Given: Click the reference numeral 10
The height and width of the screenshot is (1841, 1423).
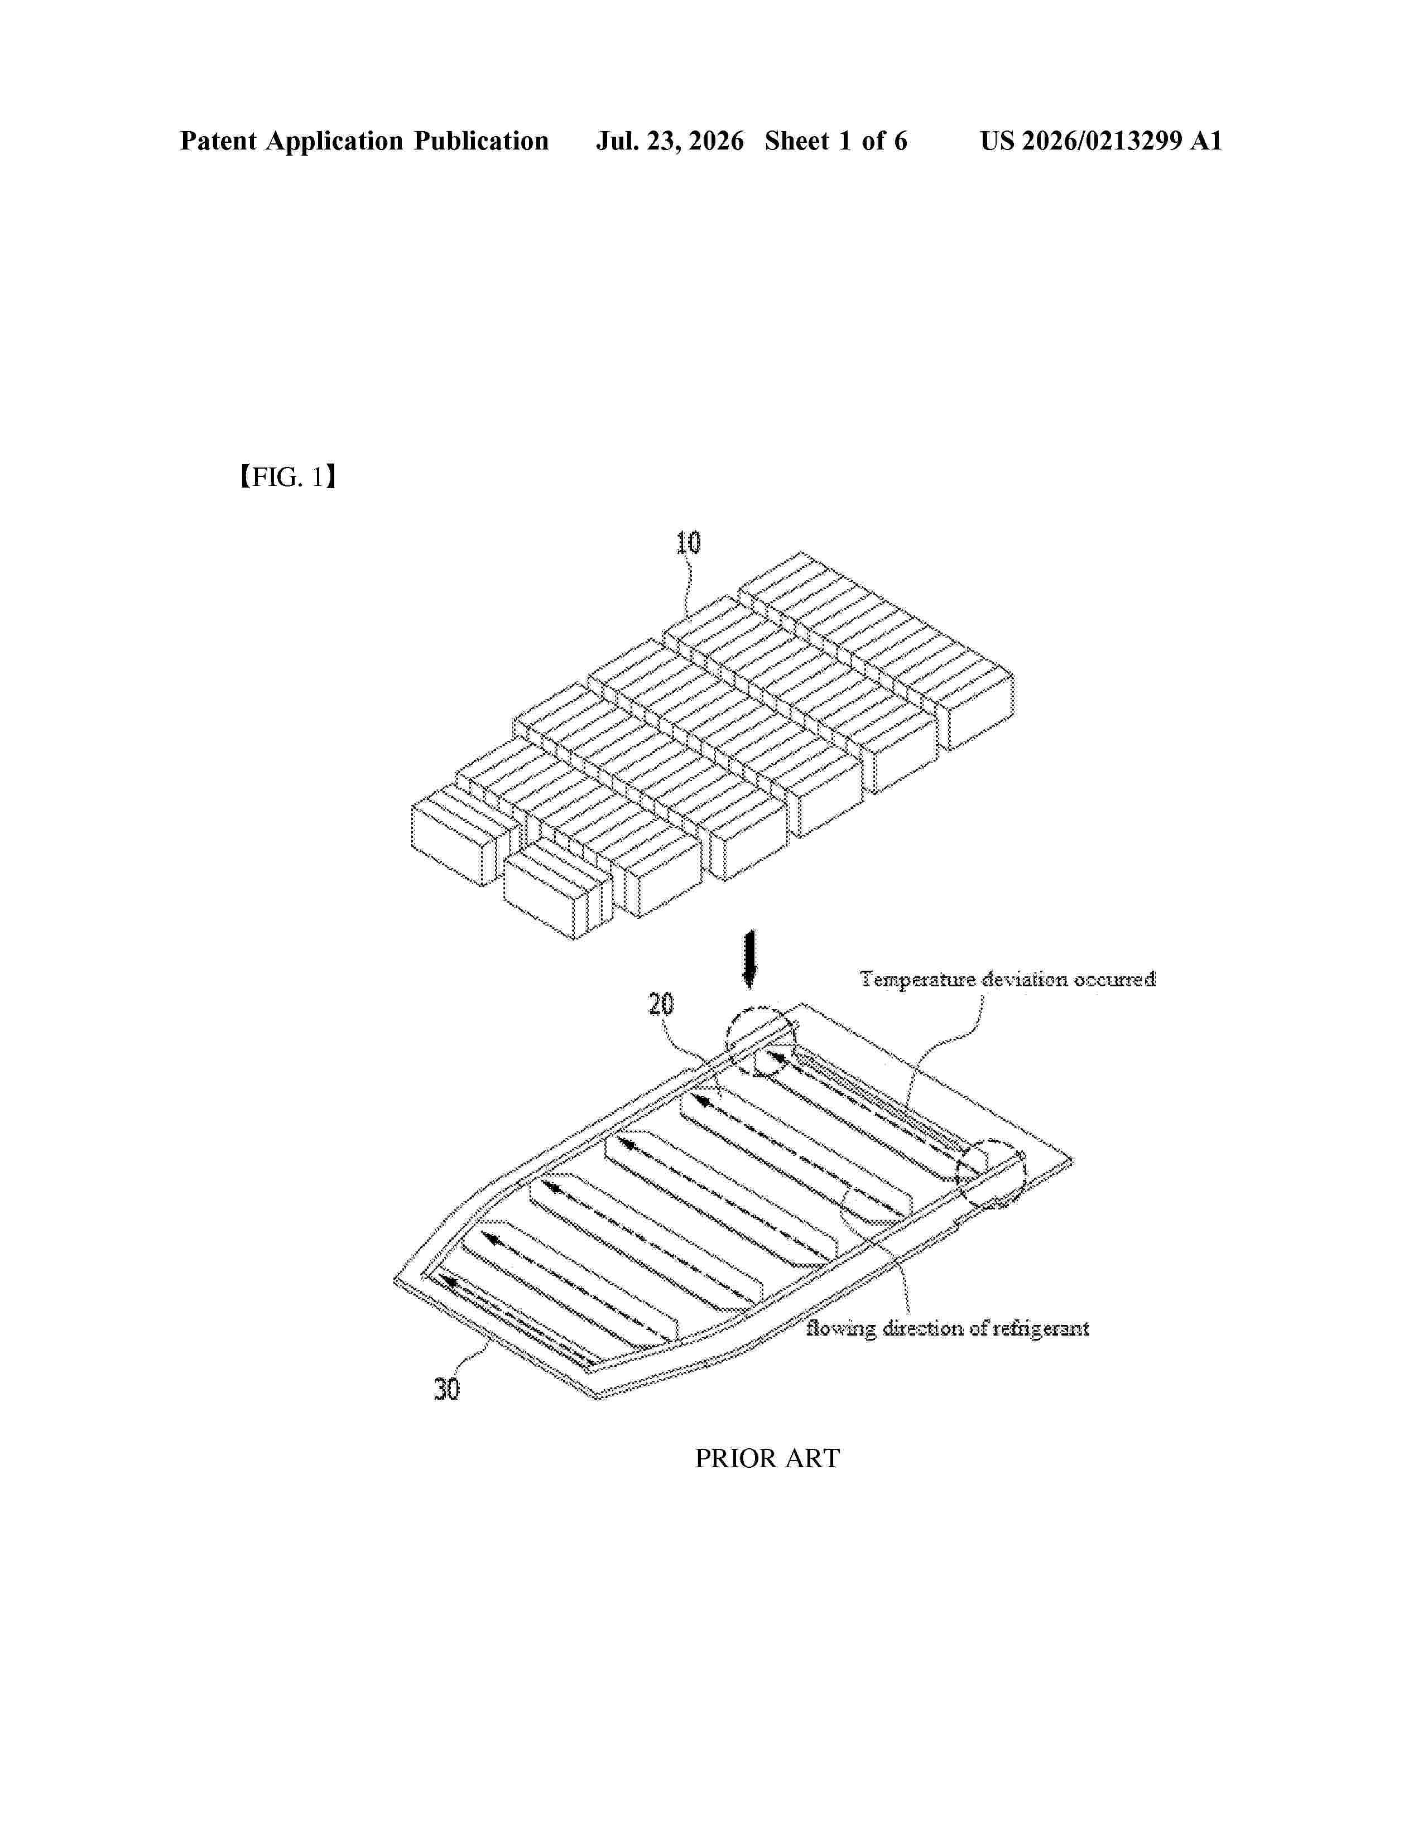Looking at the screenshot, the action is [x=688, y=543].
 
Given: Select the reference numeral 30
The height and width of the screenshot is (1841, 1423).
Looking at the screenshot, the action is [x=447, y=1389].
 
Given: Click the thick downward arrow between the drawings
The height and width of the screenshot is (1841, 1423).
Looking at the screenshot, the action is [x=748, y=960].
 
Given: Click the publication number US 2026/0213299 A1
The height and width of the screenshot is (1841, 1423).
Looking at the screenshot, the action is [x=1101, y=141].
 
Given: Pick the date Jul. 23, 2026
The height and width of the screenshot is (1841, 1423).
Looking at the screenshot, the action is [x=670, y=141].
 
